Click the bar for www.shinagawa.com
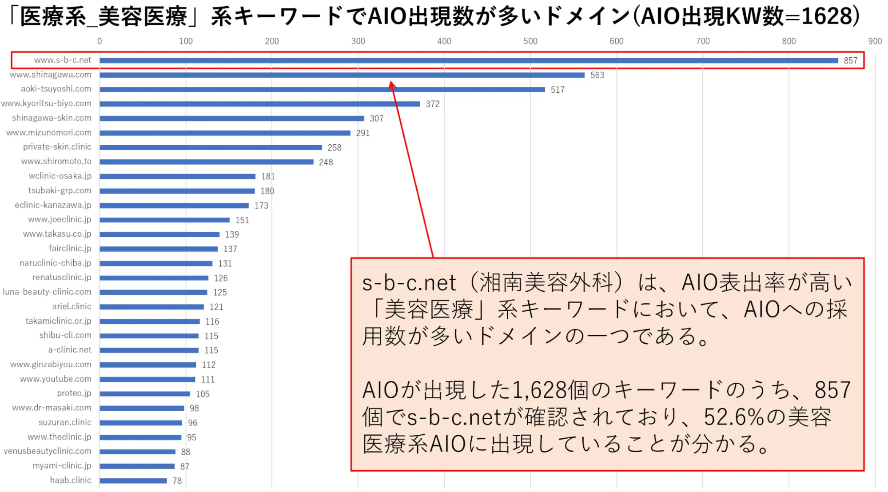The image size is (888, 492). pyautogui.click(x=342, y=75)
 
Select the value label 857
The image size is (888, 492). pyautogui.click(x=850, y=60)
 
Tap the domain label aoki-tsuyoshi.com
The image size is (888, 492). pyautogui.click(x=56, y=89)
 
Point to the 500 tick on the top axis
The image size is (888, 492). pyautogui.click(x=530, y=41)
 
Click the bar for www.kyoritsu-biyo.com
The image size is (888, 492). pyautogui.click(x=260, y=104)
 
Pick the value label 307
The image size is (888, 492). pyautogui.click(x=376, y=119)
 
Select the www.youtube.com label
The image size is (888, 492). pyautogui.click(x=56, y=379)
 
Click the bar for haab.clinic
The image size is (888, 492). pyautogui.click(x=133, y=480)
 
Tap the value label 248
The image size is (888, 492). pyautogui.click(x=326, y=162)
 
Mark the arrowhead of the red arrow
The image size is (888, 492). pyautogui.click(x=391, y=84)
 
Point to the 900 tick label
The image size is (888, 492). pyautogui.click(x=875, y=41)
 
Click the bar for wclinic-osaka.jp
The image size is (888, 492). pyautogui.click(x=178, y=176)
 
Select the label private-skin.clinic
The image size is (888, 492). pyautogui.click(x=57, y=147)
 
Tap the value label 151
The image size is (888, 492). pyautogui.click(x=242, y=220)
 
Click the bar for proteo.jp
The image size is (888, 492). pyautogui.click(x=145, y=394)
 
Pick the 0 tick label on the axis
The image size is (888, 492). pyautogui.click(x=100, y=41)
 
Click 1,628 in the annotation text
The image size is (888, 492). pyautogui.click(x=539, y=390)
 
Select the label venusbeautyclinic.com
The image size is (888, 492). pyautogui.click(x=48, y=451)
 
